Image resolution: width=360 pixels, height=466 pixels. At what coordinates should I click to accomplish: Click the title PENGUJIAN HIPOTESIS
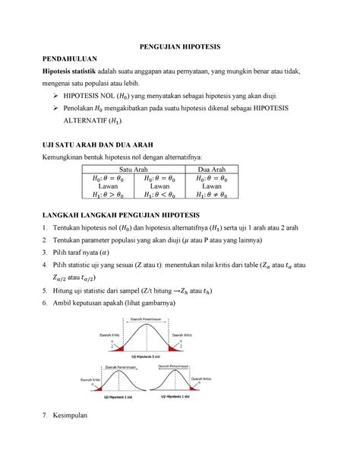(x=179, y=47)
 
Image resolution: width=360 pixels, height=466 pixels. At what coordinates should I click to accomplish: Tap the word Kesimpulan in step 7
(x=77, y=416)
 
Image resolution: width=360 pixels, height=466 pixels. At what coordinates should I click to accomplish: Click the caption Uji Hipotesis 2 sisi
(x=179, y=357)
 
